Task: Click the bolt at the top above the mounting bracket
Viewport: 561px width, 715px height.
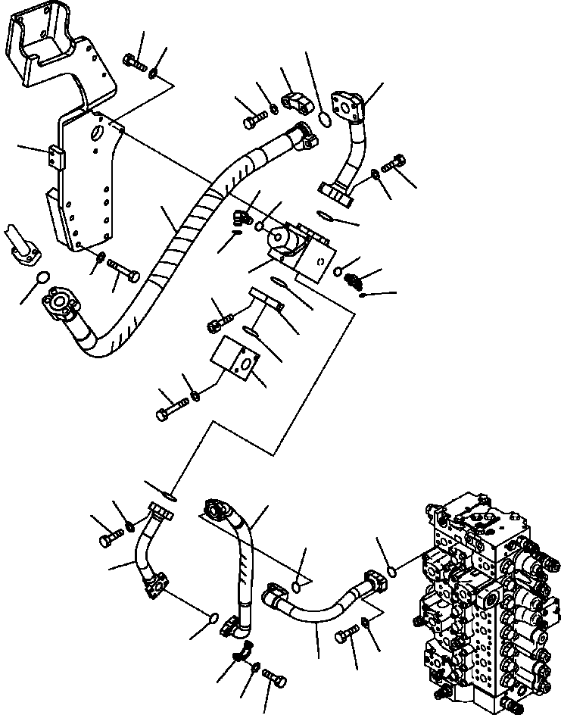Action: (135, 63)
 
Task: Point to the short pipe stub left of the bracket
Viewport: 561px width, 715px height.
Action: (21, 239)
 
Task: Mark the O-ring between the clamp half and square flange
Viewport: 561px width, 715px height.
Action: (323, 119)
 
